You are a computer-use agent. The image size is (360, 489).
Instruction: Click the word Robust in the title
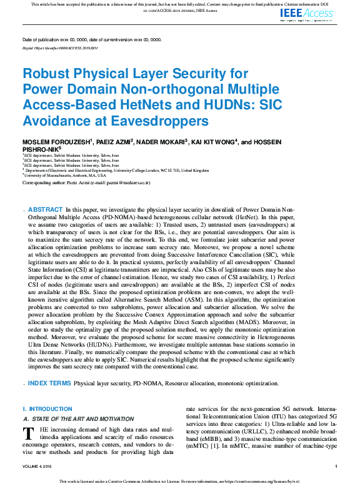[46, 74]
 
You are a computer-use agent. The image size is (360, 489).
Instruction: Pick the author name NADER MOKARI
[160, 142]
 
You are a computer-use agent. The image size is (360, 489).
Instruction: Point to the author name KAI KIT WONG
[212, 142]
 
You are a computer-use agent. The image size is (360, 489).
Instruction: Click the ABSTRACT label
[46, 210]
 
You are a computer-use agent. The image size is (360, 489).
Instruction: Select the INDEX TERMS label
[49, 383]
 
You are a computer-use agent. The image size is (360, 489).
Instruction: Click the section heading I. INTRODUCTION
[47, 408]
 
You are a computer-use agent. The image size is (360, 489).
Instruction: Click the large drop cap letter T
[27, 434]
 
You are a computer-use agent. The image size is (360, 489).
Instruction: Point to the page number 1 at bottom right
[336, 467]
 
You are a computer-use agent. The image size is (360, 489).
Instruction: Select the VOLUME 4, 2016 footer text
[39, 467]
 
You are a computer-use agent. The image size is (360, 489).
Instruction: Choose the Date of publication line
[91, 39]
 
